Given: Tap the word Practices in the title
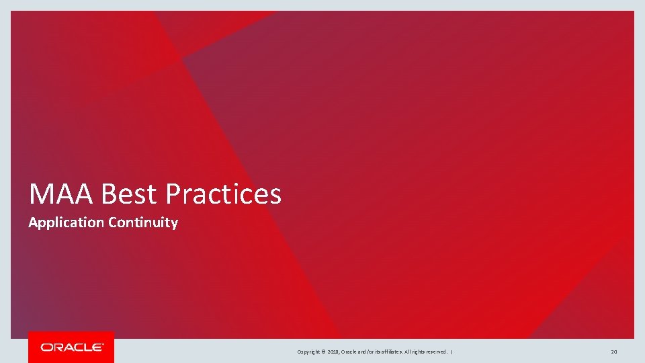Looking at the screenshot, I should click(223, 194).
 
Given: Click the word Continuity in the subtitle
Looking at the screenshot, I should click(142, 223).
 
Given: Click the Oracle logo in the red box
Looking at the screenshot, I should click(71, 348).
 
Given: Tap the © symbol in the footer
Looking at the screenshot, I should click(324, 352).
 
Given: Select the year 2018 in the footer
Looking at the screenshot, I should click(334, 352).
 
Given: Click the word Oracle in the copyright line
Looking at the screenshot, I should click(350, 352).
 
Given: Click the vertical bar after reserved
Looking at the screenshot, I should click(452, 352).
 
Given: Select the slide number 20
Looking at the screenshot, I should click(614, 352).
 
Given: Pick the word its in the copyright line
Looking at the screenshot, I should click(380, 352).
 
